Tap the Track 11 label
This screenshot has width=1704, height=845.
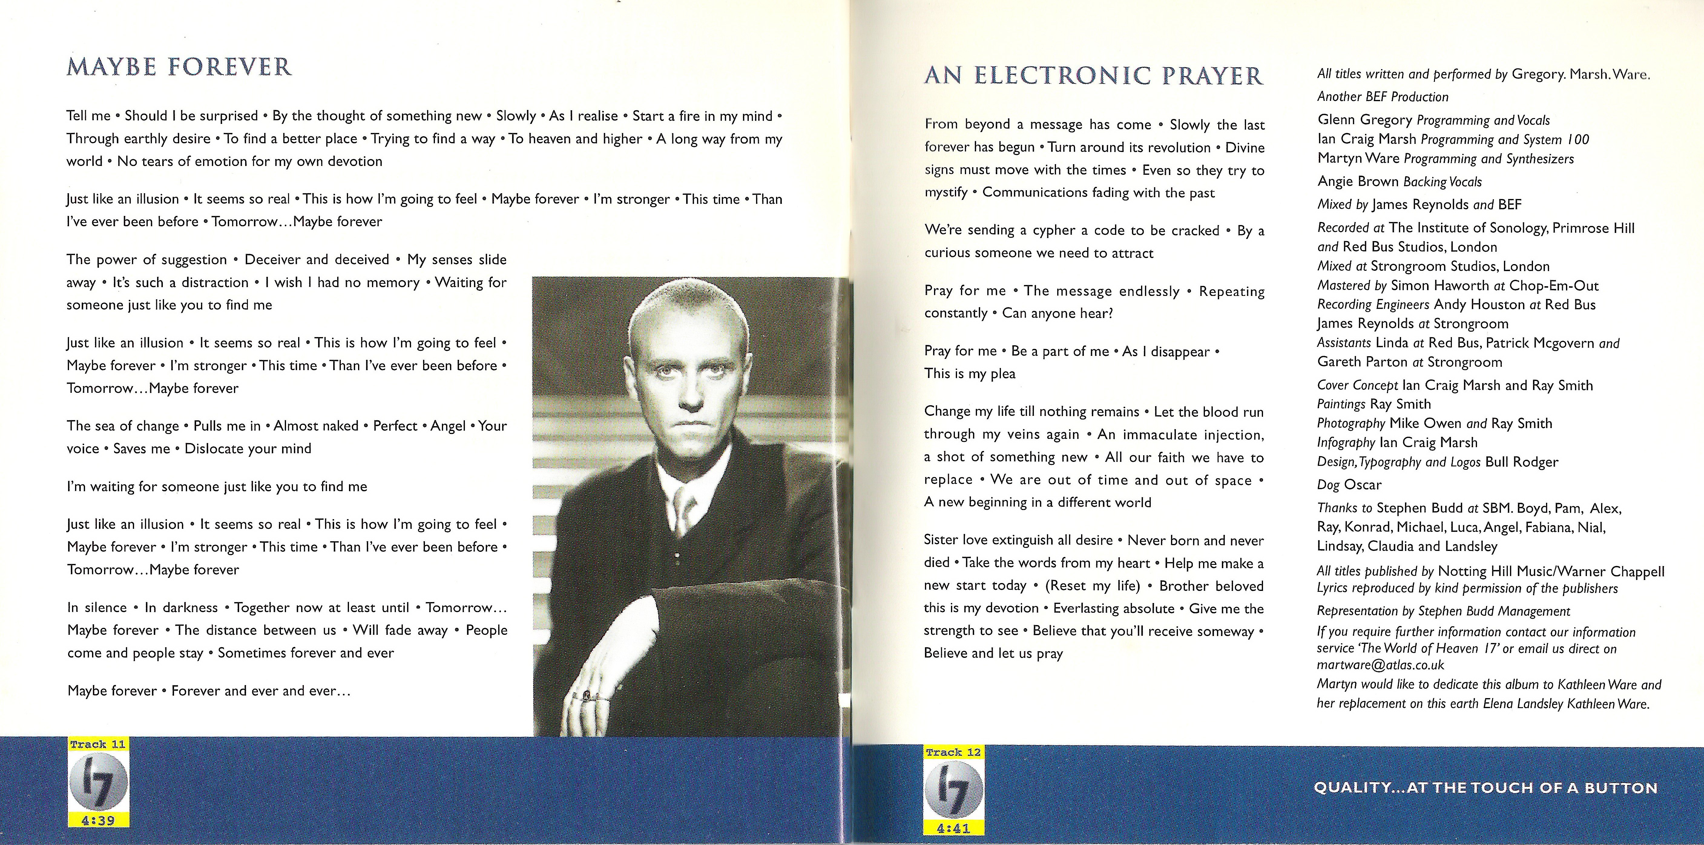pos(98,744)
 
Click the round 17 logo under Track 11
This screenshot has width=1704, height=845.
pos(98,782)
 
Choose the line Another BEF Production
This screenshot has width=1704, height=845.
pos(1383,97)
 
